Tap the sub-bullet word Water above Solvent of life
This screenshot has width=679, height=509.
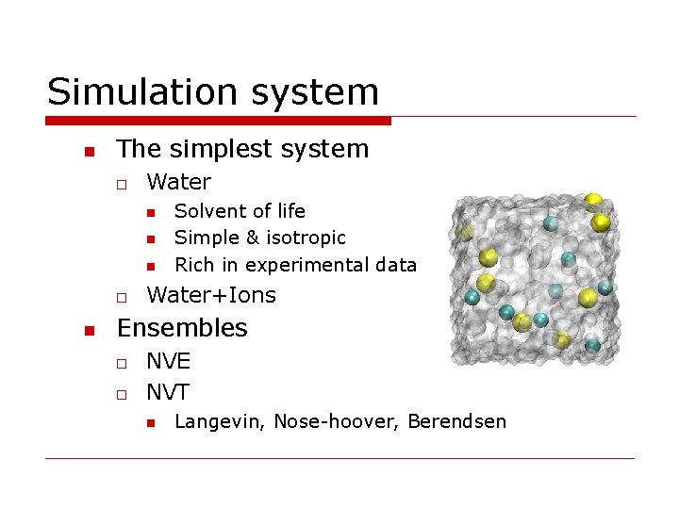[x=179, y=181]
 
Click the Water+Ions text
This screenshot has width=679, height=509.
[x=211, y=295]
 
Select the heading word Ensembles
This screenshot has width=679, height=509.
[x=182, y=328]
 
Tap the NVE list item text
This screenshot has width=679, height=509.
[x=168, y=361]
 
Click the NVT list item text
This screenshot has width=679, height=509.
[x=168, y=392]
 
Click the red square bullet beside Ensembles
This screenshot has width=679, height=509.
[x=88, y=329]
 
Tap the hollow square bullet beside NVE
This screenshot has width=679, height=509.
[x=123, y=362]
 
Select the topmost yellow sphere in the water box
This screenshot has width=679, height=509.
[x=593, y=201]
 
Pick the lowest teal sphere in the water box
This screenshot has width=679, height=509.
[x=592, y=346]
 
